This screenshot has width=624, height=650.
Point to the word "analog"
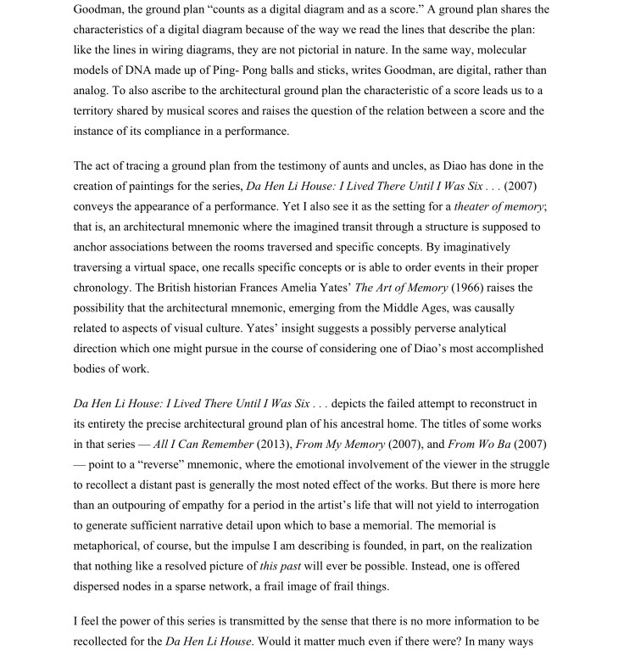(92, 91)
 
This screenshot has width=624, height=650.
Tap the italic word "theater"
(476, 207)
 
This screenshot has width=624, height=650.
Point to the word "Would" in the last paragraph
(274, 642)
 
